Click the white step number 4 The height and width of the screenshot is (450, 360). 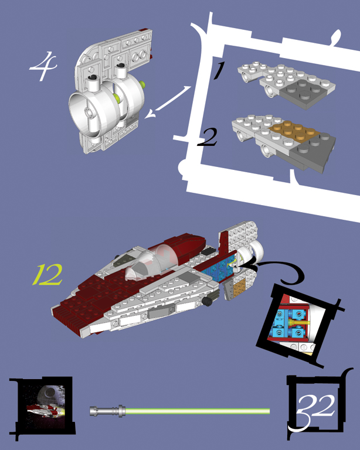tap(43, 66)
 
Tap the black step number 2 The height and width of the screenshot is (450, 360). tap(208, 138)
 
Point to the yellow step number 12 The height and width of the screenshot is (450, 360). tap(47, 275)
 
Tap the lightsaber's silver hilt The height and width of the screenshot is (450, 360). tap(107, 411)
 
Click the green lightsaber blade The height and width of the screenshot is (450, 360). tap(198, 411)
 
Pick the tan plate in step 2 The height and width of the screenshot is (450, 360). tap(295, 132)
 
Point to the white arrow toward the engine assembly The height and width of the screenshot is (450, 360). tap(167, 103)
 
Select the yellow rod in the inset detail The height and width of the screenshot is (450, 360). tap(299, 323)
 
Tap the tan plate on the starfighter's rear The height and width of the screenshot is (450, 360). tap(239, 288)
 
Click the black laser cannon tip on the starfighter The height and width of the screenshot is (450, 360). tap(208, 301)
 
